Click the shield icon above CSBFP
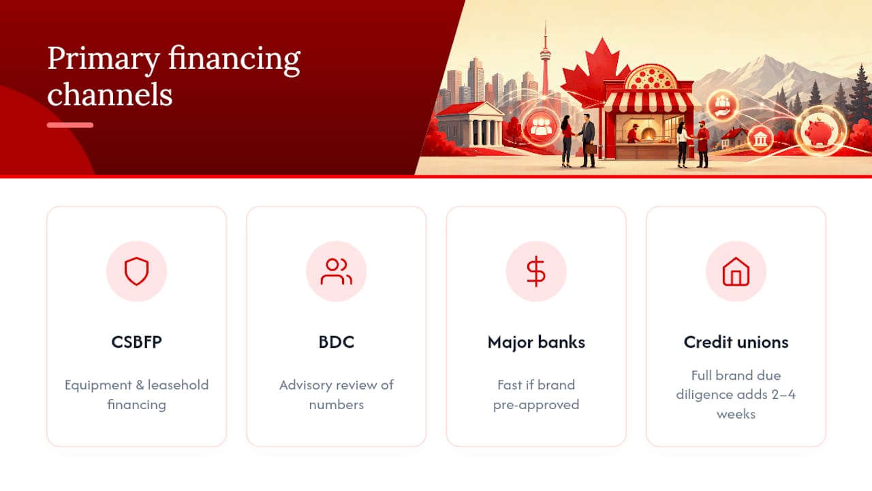[136, 271]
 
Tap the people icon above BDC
[337, 271]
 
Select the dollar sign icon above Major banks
[536, 271]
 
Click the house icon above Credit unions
[736, 271]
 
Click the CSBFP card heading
[136, 342]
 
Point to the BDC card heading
[337, 342]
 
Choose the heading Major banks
[536, 342]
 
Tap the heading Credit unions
[736, 342]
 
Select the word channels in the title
[110, 94]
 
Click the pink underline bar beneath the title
[70, 125]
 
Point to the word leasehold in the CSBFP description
[178, 385]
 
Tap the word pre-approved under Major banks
[536, 405]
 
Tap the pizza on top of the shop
[651, 78]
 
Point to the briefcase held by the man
[591, 149]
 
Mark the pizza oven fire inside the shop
[647, 135]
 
